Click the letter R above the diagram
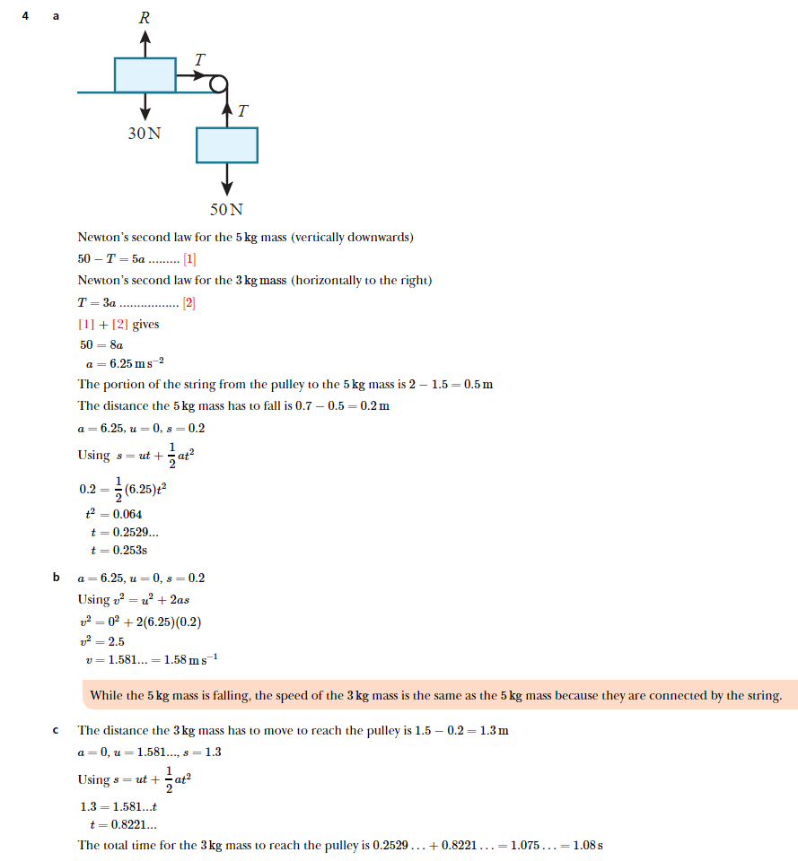pos(144,17)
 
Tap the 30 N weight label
pos(145,133)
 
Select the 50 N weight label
pos(226,210)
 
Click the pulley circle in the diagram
pos(218,84)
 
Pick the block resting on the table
pos(145,74)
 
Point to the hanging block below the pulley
pos(227,145)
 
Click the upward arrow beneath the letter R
pos(145,42)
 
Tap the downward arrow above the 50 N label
pos(227,179)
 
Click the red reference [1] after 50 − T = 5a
pos(189,259)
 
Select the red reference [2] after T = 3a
pos(189,302)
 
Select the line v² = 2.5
pos(103,642)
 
